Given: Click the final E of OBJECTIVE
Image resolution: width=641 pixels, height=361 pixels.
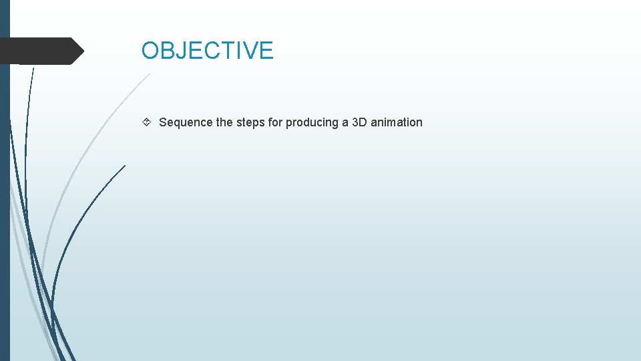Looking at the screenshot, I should (x=266, y=51).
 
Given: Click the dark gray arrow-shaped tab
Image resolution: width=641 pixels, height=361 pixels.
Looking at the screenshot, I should (x=40, y=51).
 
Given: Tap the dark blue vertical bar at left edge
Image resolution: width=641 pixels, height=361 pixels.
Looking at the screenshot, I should (x=5, y=201).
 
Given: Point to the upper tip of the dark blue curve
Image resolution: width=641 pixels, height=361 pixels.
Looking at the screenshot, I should (x=125, y=165).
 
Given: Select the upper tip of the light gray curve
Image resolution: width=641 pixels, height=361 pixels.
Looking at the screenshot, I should (x=150, y=74).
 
